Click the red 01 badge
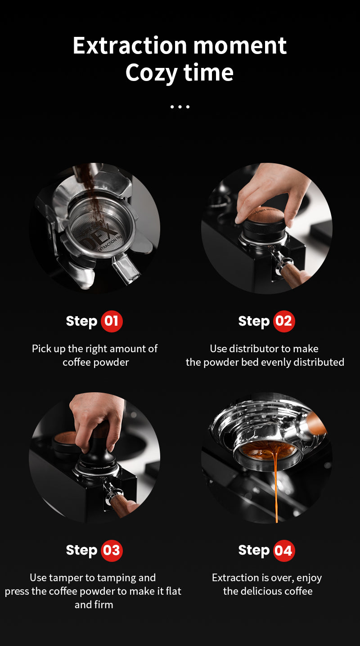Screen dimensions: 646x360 coord(112,321)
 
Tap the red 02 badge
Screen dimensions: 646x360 coord(283,321)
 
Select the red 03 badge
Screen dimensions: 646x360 coord(112,550)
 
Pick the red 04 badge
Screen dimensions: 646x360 coord(283,550)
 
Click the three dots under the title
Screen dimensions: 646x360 coord(180,107)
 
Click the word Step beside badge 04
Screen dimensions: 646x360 coord(253,550)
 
